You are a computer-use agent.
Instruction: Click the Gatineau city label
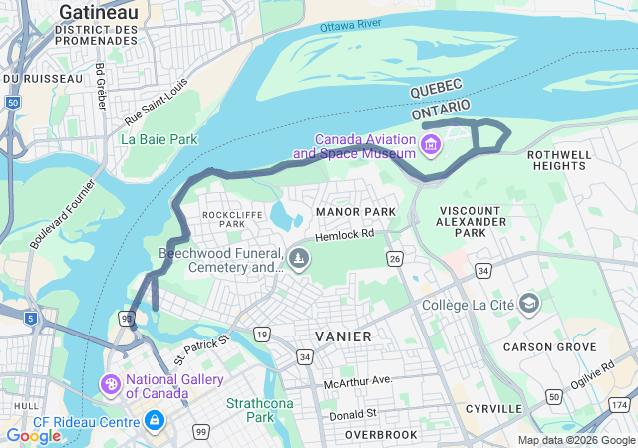coord(99,11)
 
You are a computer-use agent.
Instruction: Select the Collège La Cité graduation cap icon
coord(529,304)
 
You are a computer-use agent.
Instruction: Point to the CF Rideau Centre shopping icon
coord(154,421)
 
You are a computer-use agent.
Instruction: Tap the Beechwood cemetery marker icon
coord(299,260)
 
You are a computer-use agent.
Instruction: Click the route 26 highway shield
coord(395,259)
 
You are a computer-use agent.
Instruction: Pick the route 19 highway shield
coord(261,335)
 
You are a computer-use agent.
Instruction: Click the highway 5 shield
coord(33,319)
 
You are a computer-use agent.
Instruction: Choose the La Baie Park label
coord(159,140)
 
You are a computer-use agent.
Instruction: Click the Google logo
coord(33,436)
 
